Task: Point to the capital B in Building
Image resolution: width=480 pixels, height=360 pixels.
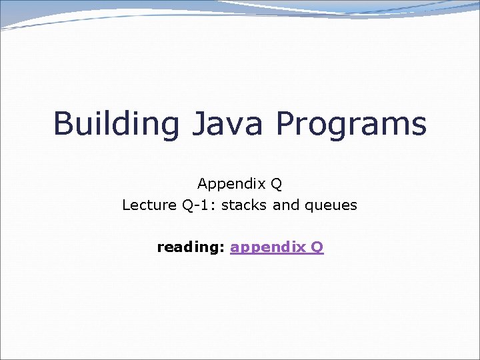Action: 63,123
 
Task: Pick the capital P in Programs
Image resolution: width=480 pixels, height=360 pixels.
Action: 285,123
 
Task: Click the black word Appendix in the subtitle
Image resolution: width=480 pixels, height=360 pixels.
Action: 231,183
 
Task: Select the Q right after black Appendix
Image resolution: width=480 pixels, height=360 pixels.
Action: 277,183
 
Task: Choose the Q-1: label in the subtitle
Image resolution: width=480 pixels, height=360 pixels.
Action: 198,205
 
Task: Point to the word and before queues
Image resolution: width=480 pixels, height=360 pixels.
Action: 286,205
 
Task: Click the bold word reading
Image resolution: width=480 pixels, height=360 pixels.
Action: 189,248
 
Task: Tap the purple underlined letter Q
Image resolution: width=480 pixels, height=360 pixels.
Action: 317,247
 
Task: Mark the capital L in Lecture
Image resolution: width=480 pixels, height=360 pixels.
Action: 126,205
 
